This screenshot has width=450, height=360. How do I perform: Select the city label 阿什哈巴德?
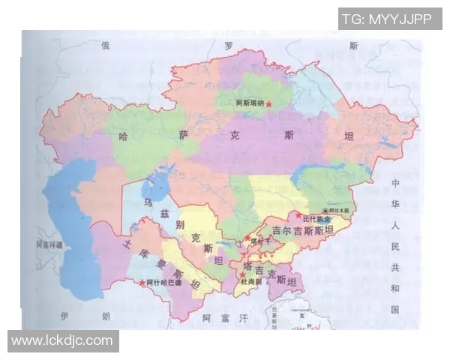coord(163,283)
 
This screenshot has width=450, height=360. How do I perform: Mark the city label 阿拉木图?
coord(336,211)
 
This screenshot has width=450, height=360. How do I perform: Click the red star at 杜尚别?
coord(241,281)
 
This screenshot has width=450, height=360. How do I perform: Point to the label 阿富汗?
coord(225,319)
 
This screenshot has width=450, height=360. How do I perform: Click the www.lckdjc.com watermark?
coord(62,341)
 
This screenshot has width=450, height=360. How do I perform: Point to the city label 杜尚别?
coord(254,282)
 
